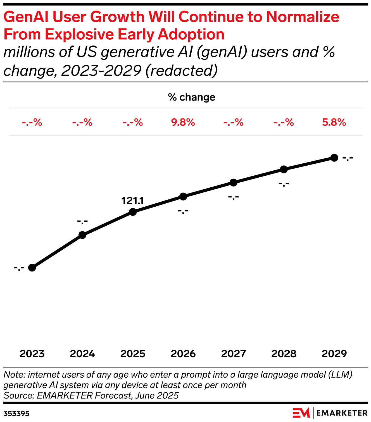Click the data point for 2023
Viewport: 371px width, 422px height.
click(32, 268)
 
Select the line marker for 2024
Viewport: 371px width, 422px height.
click(82, 235)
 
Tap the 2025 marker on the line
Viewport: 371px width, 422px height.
click(133, 212)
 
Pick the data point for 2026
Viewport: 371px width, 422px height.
click(183, 196)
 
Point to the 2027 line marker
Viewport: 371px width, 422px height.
click(234, 183)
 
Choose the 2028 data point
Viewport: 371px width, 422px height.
click(284, 169)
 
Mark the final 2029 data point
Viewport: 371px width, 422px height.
click(334, 158)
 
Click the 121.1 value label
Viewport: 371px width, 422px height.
click(133, 201)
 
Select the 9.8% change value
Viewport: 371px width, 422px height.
click(183, 122)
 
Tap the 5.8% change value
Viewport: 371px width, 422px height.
click(334, 122)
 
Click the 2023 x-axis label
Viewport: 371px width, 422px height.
click(32, 354)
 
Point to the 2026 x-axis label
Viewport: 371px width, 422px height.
click(183, 354)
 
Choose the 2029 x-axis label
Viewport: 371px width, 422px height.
click(334, 354)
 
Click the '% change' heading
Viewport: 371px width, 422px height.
click(192, 97)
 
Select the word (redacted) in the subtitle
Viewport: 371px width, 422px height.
click(181, 70)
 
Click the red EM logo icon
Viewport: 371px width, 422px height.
click(301, 413)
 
